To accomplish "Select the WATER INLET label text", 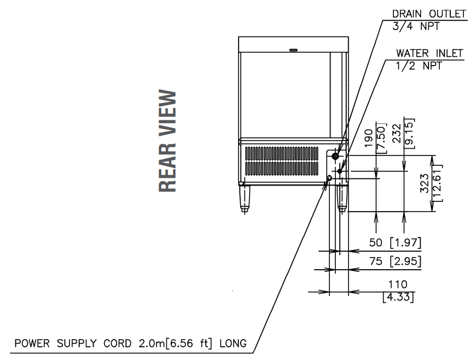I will point(429,54).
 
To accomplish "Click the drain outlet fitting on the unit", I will point(335,156).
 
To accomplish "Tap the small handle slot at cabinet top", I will point(293,50).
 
